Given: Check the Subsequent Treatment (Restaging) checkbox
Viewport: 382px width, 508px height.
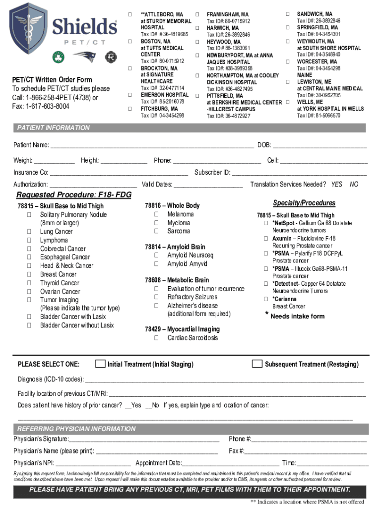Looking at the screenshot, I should pyautogui.click(x=257, y=364).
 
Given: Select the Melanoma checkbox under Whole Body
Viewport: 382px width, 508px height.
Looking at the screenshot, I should pyautogui.click(x=156, y=214).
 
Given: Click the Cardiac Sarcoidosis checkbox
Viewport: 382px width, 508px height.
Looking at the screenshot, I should pyautogui.click(x=156, y=338).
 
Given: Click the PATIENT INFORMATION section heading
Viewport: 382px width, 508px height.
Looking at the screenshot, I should pyautogui.click(x=54, y=128).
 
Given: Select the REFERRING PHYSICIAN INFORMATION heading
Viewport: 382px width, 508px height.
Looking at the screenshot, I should pyautogui.click(x=76, y=429).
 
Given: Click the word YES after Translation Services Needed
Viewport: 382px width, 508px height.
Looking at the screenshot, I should pyautogui.click(x=337, y=184).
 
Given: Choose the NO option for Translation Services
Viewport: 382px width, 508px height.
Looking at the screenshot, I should pyautogui.click(x=354, y=184).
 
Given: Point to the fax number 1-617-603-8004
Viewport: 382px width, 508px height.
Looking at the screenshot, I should pyautogui.click(x=41, y=106).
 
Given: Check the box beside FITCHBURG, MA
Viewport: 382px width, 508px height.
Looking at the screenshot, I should pyautogui.click(x=130, y=108).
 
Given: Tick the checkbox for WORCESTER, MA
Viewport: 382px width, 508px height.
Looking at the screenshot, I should pyautogui.click(x=288, y=61).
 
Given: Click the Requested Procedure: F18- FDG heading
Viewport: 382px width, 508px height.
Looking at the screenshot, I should pyautogui.click(x=74, y=195).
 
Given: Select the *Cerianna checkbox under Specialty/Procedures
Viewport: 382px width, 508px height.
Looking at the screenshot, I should pyautogui.click(x=266, y=299).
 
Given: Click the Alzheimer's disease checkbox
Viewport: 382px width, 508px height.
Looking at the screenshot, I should pyautogui.click(x=156, y=306).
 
